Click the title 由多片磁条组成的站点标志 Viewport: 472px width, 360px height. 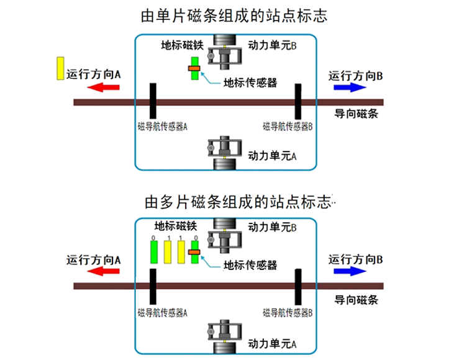(x=240, y=202)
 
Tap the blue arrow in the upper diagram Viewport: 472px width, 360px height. (x=350, y=88)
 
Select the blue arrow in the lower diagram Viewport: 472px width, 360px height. (x=350, y=271)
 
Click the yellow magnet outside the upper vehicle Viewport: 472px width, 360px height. (x=60, y=68)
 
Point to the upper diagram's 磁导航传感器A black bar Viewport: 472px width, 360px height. (x=152, y=101)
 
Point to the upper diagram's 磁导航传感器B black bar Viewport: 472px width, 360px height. (x=299, y=101)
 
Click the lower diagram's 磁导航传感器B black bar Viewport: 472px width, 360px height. (x=299, y=286)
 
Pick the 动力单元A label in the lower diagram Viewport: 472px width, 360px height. (x=272, y=343)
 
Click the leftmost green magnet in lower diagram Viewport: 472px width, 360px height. (x=153, y=253)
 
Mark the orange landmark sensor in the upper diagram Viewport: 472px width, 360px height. (x=194, y=68)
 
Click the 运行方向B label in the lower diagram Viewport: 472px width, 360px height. (x=355, y=259)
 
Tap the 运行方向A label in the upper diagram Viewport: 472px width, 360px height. (x=93, y=74)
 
